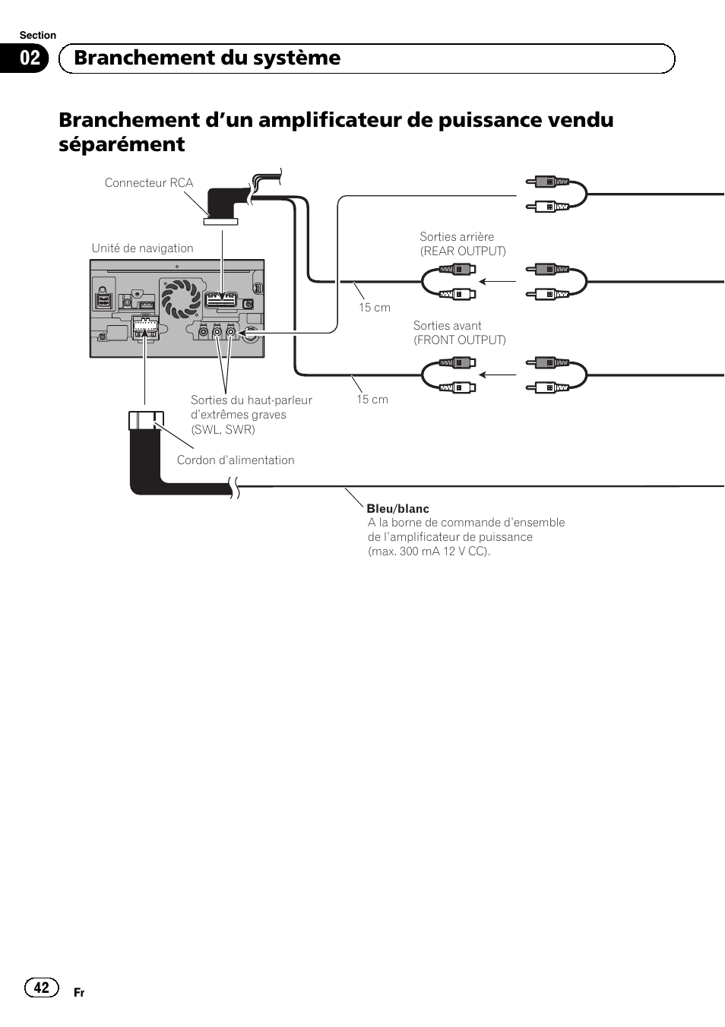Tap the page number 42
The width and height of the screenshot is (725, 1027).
(41, 987)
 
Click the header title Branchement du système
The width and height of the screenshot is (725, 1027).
(207, 58)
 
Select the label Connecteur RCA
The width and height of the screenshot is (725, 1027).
(149, 183)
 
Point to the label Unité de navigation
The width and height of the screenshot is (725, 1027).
(142, 248)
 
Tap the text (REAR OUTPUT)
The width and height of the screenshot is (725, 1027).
(463, 251)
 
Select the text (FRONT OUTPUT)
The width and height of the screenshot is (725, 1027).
(459, 340)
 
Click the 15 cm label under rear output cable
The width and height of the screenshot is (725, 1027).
(375, 308)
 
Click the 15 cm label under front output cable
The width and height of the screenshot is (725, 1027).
(372, 400)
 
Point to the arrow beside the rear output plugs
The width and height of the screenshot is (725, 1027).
(498, 282)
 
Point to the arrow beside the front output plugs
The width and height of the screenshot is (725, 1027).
(498, 374)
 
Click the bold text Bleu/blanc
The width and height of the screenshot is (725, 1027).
(397, 509)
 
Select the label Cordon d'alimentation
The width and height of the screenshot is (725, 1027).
(236, 460)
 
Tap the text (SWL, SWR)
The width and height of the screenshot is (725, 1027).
(223, 430)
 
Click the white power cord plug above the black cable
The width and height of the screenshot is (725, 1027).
(146, 420)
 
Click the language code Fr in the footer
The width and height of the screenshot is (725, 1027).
(79, 993)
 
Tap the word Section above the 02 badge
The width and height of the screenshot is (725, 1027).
(38, 35)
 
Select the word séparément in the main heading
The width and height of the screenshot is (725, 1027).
(122, 144)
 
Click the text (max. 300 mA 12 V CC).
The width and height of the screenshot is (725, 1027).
(429, 551)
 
